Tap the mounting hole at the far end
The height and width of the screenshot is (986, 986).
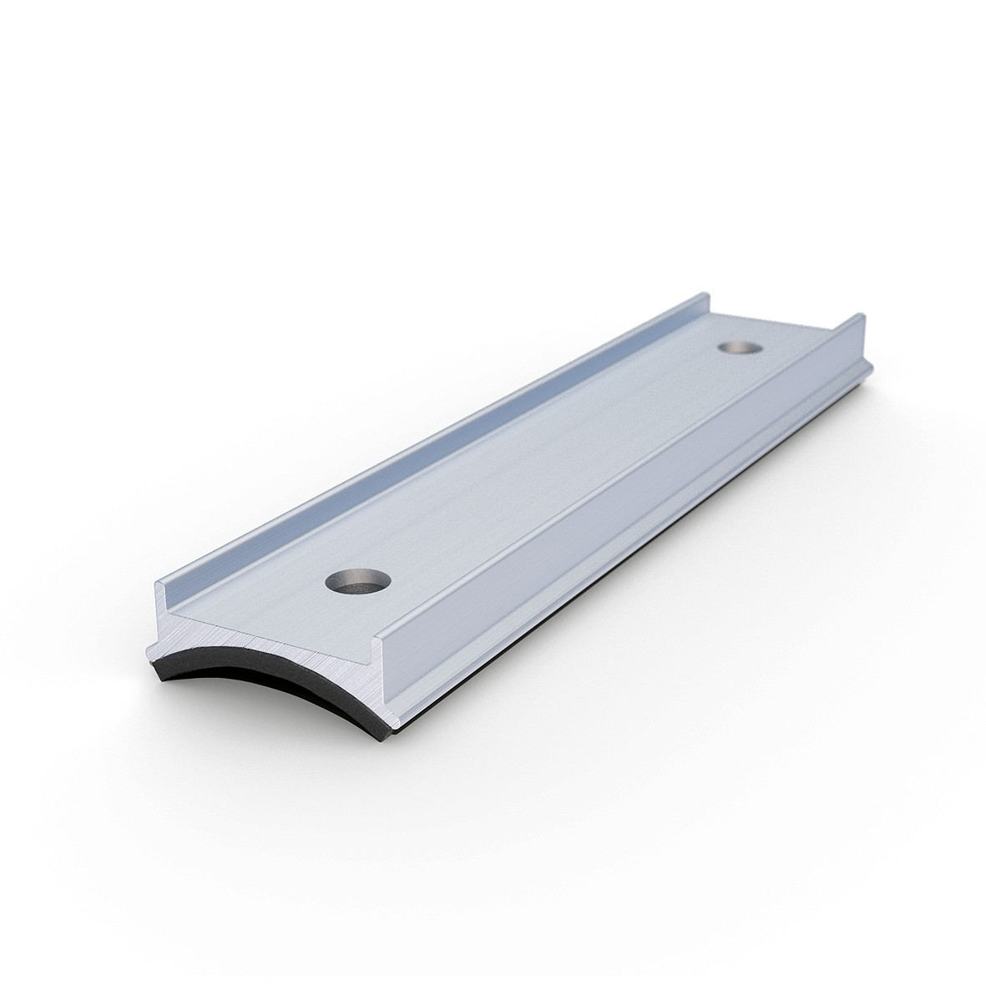tap(736, 346)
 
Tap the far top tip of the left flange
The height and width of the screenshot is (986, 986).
tap(704, 297)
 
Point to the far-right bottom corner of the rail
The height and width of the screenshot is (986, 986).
tap(872, 367)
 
